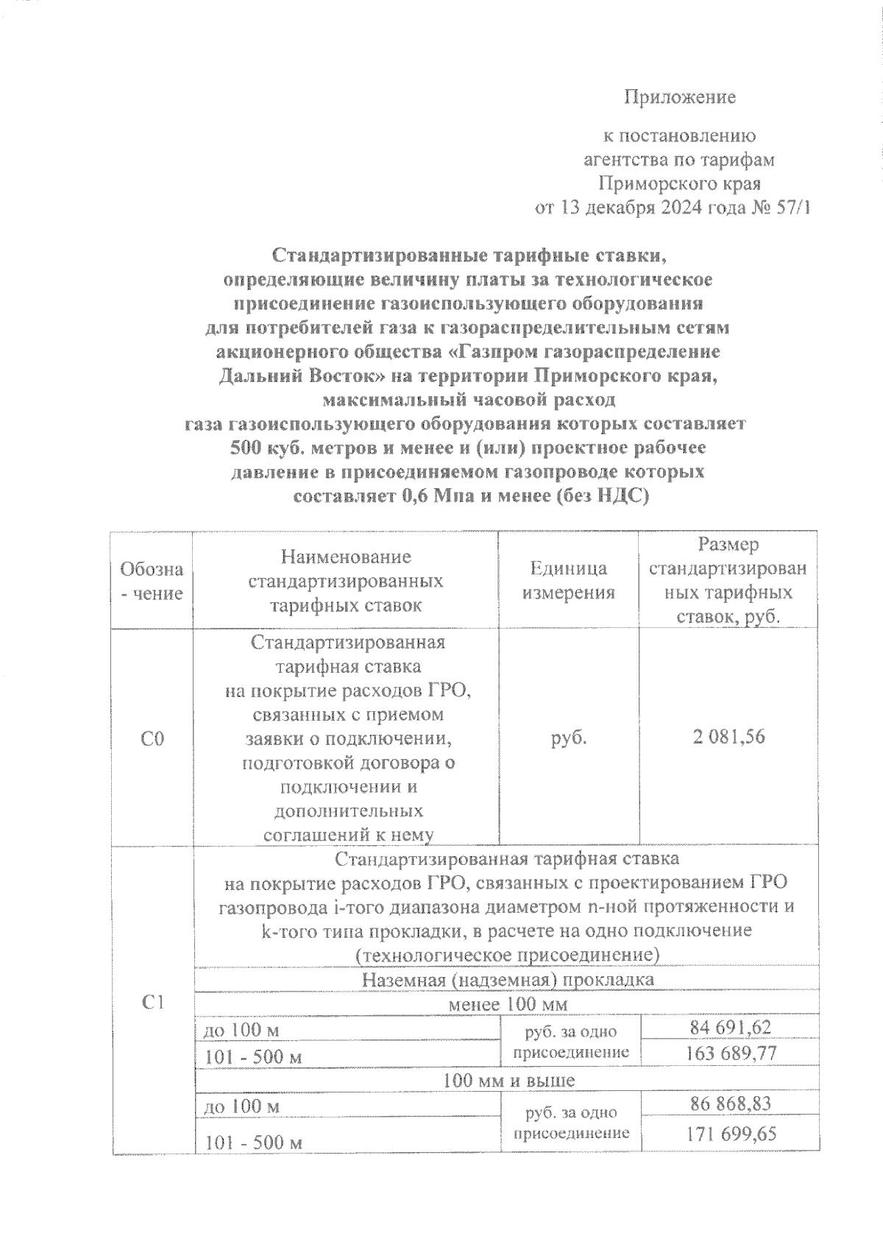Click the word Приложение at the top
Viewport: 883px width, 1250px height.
click(680, 97)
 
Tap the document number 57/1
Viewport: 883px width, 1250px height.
click(792, 208)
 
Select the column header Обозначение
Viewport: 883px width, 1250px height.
click(152, 580)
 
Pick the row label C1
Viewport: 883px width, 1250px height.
click(152, 1002)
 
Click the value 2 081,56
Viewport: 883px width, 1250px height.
click(728, 736)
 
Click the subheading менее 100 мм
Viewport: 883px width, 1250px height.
click(508, 1004)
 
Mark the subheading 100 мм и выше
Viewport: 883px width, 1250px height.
click(508, 1080)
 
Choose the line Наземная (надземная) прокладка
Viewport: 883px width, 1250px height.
click(508, 980)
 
